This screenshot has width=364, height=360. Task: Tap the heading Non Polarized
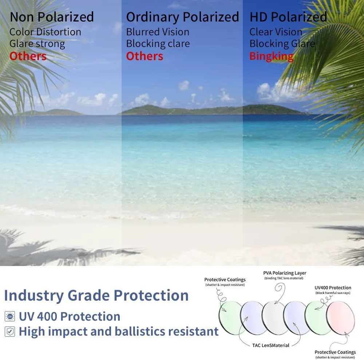(x=52, y=17)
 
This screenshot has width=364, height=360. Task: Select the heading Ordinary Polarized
(x=182, y=17)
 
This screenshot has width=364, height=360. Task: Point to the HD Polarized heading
(x=288, y=17)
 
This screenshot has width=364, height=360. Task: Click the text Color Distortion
(x=45, y=32)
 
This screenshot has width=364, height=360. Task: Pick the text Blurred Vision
(x=158, y=32)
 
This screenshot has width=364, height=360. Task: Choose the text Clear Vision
(x=276, y=32)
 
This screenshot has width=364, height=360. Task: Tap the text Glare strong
(x=37, y=44)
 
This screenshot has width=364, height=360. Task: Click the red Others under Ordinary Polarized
(x=145, y=56)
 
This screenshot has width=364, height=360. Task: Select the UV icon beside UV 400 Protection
(x=10, y=316)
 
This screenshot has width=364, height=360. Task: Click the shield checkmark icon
(x=10, y=332)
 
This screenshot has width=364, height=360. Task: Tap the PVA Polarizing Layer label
(x=285, y=273)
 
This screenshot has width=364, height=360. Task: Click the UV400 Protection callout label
(x=333, y=288)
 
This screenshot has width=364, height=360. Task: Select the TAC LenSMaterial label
(x=271, y=345)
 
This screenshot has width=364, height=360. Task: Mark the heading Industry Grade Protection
(x=96, y=296)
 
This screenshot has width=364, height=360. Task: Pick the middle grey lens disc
(x=274, y=318)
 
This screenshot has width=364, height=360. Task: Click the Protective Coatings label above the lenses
(x=225, y=279)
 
